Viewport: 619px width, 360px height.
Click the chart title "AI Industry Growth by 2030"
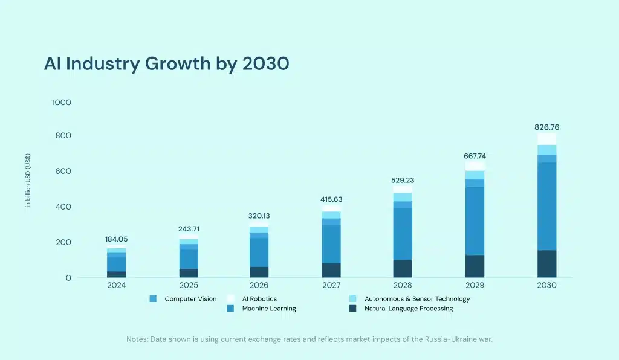tap(166, 64)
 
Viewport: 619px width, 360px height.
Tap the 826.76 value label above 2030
tap(546, 127)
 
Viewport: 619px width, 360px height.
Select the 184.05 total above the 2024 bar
tap(117, 239)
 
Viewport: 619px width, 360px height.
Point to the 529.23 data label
tap(403, 180)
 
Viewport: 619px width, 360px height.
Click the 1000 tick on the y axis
tap(62, 103)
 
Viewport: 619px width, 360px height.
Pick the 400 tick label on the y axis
tap(63, 207)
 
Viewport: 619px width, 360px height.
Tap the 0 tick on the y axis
tap(68, 278)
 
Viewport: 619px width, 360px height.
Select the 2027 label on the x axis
tap(331, 285)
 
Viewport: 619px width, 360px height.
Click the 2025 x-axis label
tap(189, 285)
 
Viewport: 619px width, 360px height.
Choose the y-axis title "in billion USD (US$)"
tap(28, 180)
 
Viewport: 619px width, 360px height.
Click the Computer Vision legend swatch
tap(153, 299)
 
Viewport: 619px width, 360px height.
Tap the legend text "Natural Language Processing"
tap(409, 309)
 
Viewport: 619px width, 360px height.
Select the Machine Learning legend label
tap(269, 309)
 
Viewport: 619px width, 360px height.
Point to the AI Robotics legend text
tap(259, 299)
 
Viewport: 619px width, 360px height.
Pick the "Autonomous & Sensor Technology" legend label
tap(417, 299)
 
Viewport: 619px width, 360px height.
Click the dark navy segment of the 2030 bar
tap(546, 264)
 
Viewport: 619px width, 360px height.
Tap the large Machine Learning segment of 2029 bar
tap(475, 221)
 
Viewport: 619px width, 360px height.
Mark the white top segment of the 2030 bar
tap(546, 139)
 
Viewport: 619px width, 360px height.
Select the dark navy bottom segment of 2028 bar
tap(403, 269)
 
